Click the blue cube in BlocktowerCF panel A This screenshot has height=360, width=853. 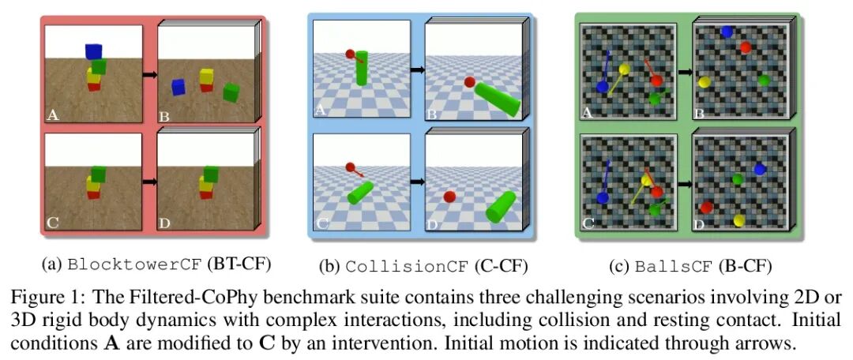pos(94,51)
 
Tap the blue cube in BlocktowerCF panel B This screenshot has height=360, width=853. pos(178,87)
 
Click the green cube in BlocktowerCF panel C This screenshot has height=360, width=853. pos(99,173)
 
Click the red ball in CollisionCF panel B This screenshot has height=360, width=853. pos(469,81)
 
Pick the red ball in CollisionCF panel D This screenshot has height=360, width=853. pos(450,197)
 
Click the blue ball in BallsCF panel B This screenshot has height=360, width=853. pos(726,32)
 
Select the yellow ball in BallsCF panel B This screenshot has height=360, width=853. pos(705,81)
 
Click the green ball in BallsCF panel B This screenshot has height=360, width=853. pos(763,80)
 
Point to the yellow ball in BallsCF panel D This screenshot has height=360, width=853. pos(739,220)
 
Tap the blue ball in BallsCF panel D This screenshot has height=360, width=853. pos(760,169)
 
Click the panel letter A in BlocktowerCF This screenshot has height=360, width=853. pos(53,114)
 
